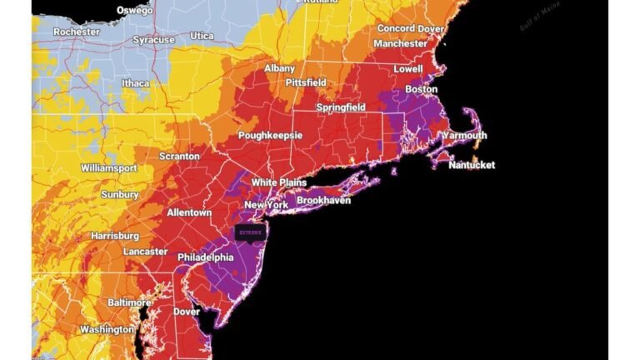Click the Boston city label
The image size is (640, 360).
tap(422, 89)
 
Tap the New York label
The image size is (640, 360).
tap(266, 205)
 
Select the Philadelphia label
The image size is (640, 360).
tap(205, 257)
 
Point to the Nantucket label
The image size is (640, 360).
tap(471, 165)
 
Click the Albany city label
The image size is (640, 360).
tap(280, 68)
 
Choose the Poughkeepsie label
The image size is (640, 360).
tap(270, 135)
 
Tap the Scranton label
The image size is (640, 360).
tap(179, 156)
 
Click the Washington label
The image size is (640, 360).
tap(107, 329)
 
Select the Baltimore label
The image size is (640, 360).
tap(129, 302)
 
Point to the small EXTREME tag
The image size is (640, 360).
tap(249, 232)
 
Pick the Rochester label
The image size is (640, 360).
tap(77, 32)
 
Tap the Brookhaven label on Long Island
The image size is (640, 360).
tap(324, 201)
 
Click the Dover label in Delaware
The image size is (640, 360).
tap(186, 312)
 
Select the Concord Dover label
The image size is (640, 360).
tap(410, 28)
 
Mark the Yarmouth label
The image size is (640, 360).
tap(464, 135)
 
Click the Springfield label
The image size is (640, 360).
tap(340, 108)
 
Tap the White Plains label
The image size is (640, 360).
tap(279, 182)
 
